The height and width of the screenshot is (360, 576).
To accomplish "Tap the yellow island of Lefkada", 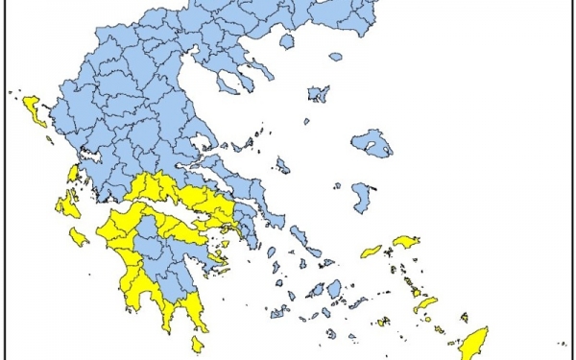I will coord(73,174).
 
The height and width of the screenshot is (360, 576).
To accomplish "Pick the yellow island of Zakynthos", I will coord(79,236).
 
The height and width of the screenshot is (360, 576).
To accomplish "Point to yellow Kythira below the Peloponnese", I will coord(197,344).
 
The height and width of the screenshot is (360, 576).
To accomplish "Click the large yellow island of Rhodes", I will coord(473,342).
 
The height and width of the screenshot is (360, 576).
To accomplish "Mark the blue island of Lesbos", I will coord(372,145).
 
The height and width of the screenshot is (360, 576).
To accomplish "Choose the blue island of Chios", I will coord(362,198).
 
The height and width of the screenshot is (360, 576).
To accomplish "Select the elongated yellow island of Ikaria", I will coord(371,252).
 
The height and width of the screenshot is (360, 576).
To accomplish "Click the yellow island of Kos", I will coord(424,304).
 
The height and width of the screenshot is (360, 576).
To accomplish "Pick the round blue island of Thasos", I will coord(286,41).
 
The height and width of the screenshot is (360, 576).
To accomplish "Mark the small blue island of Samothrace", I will coord(335,56).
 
